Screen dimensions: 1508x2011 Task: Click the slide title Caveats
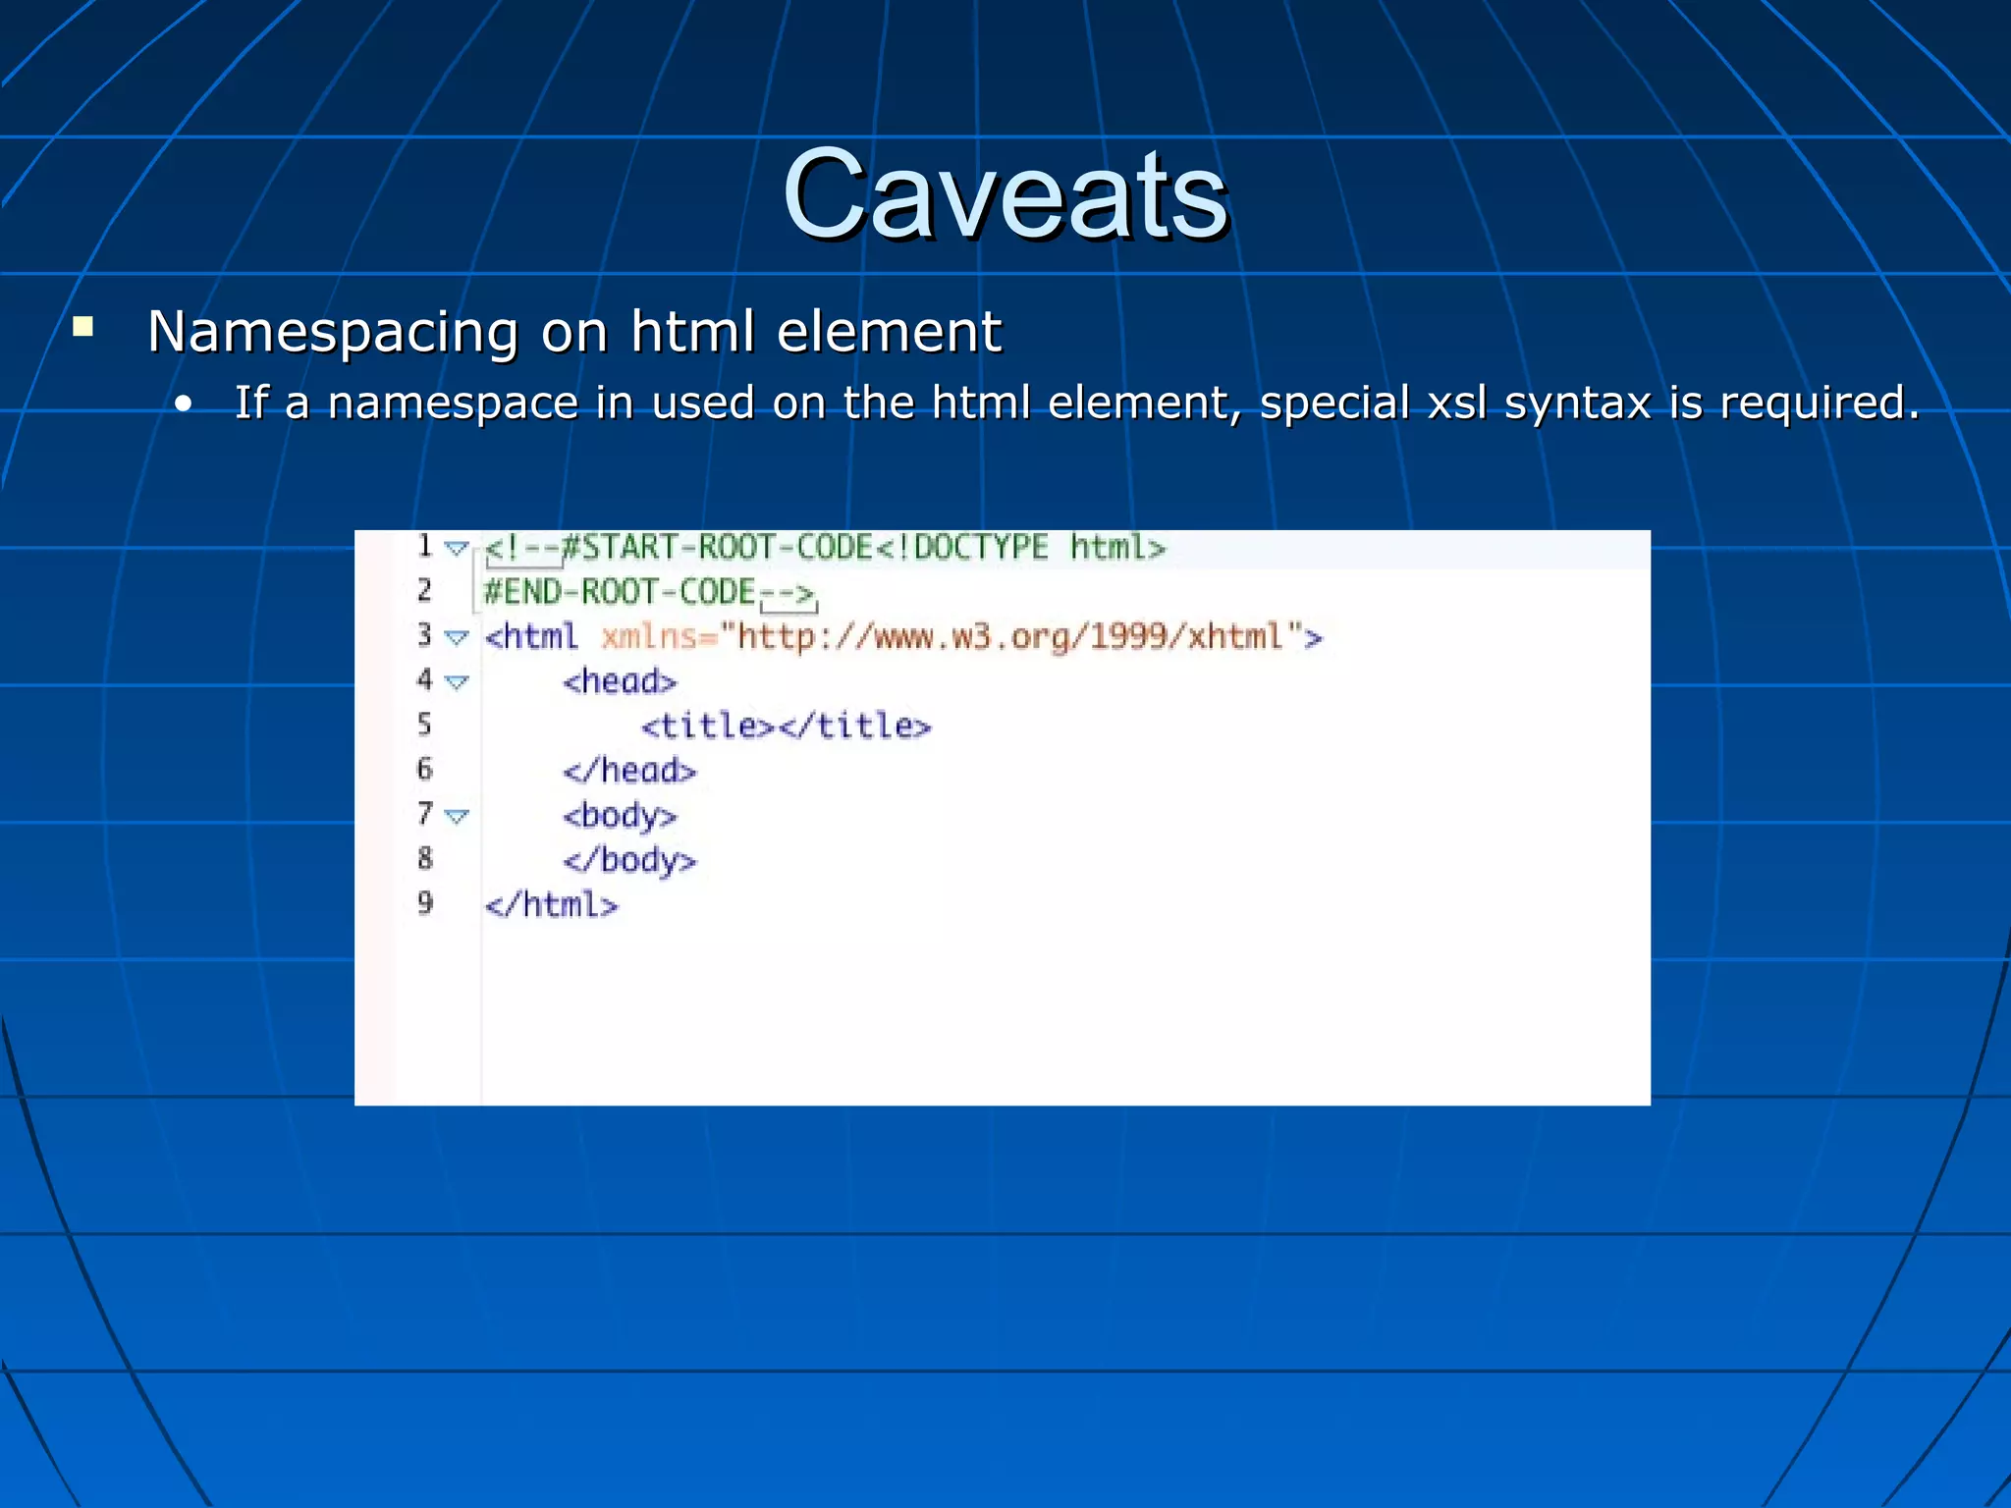click(1005, 194)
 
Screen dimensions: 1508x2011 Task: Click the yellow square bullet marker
click(83, 327)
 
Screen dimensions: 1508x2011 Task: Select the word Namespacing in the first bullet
click(332, 332)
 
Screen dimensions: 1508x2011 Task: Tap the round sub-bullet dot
click(183, 404)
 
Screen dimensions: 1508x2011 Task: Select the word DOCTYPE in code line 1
click(980, 547)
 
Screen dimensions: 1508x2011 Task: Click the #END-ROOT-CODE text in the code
click(620, 592)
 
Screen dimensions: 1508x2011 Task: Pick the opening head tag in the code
click(620, 681)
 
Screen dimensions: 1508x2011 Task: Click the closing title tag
click(854, 727)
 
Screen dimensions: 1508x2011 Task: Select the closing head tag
click(629, 771)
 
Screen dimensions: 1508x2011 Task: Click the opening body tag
click(620, 816)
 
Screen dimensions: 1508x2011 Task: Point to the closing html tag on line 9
click(552, 905)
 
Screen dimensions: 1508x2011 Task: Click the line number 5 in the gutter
click(424, 725)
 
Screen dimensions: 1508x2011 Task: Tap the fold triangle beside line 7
click(457, 816)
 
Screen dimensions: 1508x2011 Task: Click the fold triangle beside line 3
click(457, 637)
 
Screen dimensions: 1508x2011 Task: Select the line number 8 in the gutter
click(424, 859)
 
